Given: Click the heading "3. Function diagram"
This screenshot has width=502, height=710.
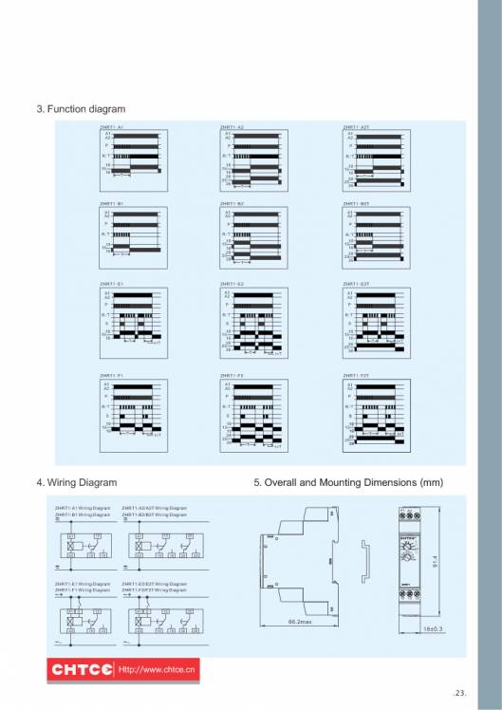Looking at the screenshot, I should (x=81, y=109).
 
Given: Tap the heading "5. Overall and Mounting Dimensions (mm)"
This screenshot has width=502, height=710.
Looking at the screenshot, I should (x=348, y=482).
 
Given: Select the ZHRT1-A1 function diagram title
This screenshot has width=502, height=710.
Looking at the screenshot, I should (x=112, y=126).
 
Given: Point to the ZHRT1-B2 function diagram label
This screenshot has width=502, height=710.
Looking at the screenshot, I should (x=232, y=203).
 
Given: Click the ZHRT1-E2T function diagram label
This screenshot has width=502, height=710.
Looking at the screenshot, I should (x=356, y=283).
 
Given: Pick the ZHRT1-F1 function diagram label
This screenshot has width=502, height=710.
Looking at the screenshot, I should (x=112, y=376).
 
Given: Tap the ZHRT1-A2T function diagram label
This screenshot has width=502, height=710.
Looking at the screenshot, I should (x=356, y=126).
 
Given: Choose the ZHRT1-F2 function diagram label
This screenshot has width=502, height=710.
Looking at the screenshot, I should (x=232, y=376).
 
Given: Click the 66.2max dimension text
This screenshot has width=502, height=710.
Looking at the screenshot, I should (x=300, y=621).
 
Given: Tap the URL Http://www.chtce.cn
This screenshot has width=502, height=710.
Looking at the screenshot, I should (x=157, y=670).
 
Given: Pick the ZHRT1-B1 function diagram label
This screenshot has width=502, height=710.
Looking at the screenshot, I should (x=112, y=203).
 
